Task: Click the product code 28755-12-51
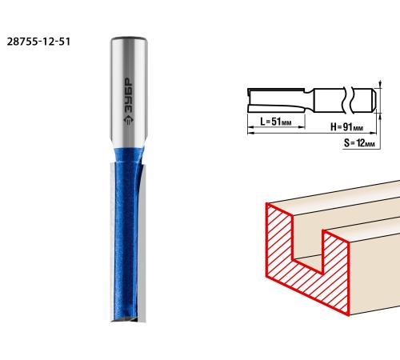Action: click(38, 42)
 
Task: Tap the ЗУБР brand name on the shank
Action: click(130, 95)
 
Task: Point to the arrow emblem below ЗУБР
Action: click(130, 120)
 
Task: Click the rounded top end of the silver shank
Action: click(129, 39)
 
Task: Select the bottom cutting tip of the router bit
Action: click(129, 318)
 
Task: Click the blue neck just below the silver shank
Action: click(129, 154)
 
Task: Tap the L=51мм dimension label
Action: click(276, 122)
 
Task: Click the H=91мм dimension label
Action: click(347, 127)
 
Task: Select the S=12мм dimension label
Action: click(359, 143)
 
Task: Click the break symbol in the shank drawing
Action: click(348, 101)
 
